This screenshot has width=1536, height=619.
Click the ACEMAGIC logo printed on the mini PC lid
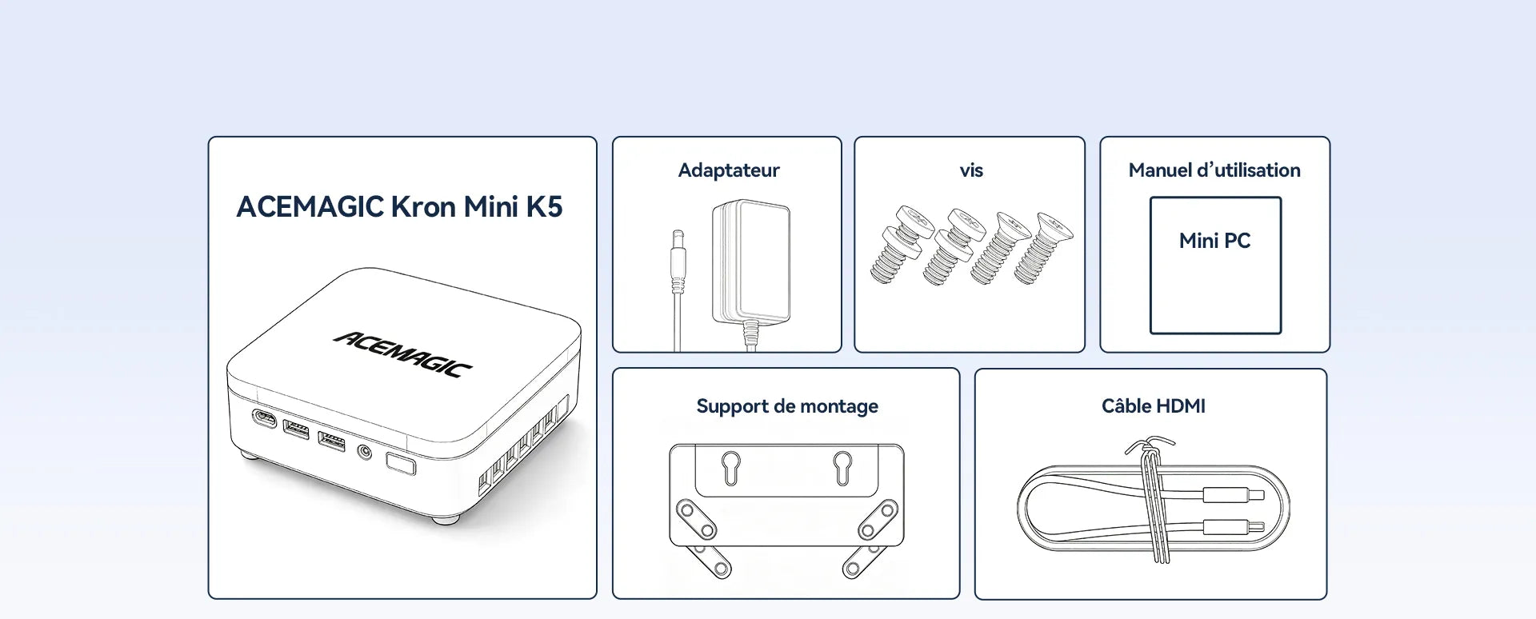click(x=402, y=353)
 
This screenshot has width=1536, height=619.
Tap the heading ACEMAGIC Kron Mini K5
click(x=399, y=207)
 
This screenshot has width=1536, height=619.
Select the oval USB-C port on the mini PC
click(x=263, y=418)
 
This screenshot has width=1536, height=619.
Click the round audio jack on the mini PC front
click(x=365, y=453)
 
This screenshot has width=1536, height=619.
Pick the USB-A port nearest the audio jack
click(x=332, y=441)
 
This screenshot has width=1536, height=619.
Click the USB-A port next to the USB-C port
click(x=296, y=429)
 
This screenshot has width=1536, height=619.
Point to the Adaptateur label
click(x=729, y=170)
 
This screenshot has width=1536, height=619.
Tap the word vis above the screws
click(x=971, y=170)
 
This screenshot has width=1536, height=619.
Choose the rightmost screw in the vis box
click(x=1044, y=248)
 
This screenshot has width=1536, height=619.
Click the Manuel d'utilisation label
click(x=1214, y=170)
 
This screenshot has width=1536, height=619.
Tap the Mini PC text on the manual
click(x=1214, y=241)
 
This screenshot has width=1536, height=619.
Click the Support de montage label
click(x=787, y=406)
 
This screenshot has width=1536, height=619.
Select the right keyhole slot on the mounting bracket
click(x=842, y=468)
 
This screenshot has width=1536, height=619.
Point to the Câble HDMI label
click(x=1153, y=406)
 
